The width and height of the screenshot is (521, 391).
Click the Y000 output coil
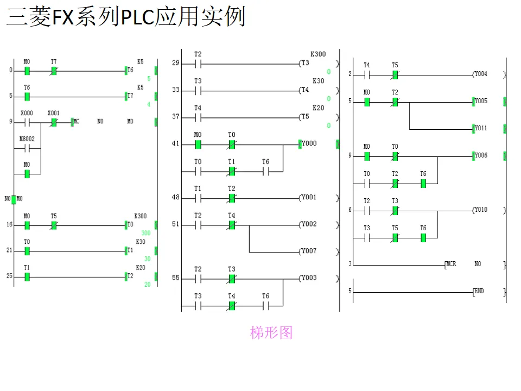(309, 144)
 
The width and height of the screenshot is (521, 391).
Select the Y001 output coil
(309, 198)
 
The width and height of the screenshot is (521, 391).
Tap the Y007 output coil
(309, 251)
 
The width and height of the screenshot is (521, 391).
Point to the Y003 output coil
(309, 278)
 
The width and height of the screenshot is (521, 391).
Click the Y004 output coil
(480, 74)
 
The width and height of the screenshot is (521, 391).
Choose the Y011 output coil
(480, 129)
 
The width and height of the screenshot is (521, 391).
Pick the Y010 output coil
(480, 210)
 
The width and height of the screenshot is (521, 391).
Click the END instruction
(479, 292)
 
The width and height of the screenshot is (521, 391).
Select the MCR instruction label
(451, 264)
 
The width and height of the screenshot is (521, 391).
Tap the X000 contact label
(26, 113)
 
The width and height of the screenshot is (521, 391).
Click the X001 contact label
(53, 113)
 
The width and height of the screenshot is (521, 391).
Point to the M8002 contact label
(27, 139)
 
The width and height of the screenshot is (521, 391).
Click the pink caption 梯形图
(271, 332)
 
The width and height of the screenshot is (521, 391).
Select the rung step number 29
(175, 64)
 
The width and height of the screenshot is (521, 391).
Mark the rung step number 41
(175, 144)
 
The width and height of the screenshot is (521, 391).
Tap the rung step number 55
(175, 278)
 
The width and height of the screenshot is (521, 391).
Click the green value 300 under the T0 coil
(146, 233)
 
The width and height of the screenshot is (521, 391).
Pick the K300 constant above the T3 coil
(318, 54)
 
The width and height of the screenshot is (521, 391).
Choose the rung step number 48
(175, 198)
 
